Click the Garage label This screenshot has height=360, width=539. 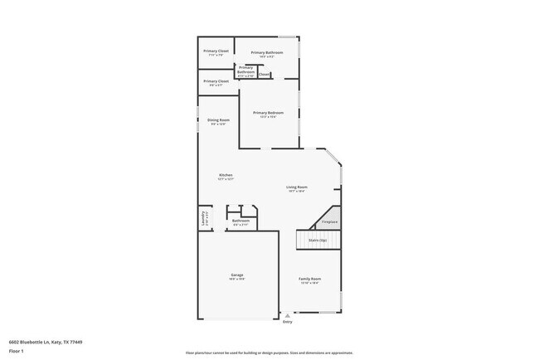click(x=237, y=275)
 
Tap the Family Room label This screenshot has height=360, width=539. click(x=310, y=279)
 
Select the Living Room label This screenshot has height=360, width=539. click(x=297, y=187)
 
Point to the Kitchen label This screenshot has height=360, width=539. click(x=226, y=174)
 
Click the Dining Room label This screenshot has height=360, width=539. click(x=218, y=119)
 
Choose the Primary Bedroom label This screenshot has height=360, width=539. click(x=268, y=112)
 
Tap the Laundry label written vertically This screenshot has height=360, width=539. click(x=203, y=218)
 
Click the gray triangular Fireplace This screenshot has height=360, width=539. click(x=329, y=221)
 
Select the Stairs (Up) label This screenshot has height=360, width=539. click(x=318, y=240)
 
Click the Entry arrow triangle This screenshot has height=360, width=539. click(x=287, y=316)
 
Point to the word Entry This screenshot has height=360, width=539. click(x=288, y=322)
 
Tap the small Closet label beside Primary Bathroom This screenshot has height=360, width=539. click(x=264, y=75)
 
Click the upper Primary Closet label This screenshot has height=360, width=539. click(x=216, y=51)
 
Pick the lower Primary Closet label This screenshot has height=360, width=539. click(x=216, y=81)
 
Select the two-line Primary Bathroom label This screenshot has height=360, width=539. click(x=245, y=70)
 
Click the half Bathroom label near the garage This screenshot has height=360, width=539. click(x=240, y=221)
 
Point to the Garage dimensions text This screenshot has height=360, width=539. click(x=237, y=279)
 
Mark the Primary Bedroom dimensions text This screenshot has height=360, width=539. click(x=268, y=116)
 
